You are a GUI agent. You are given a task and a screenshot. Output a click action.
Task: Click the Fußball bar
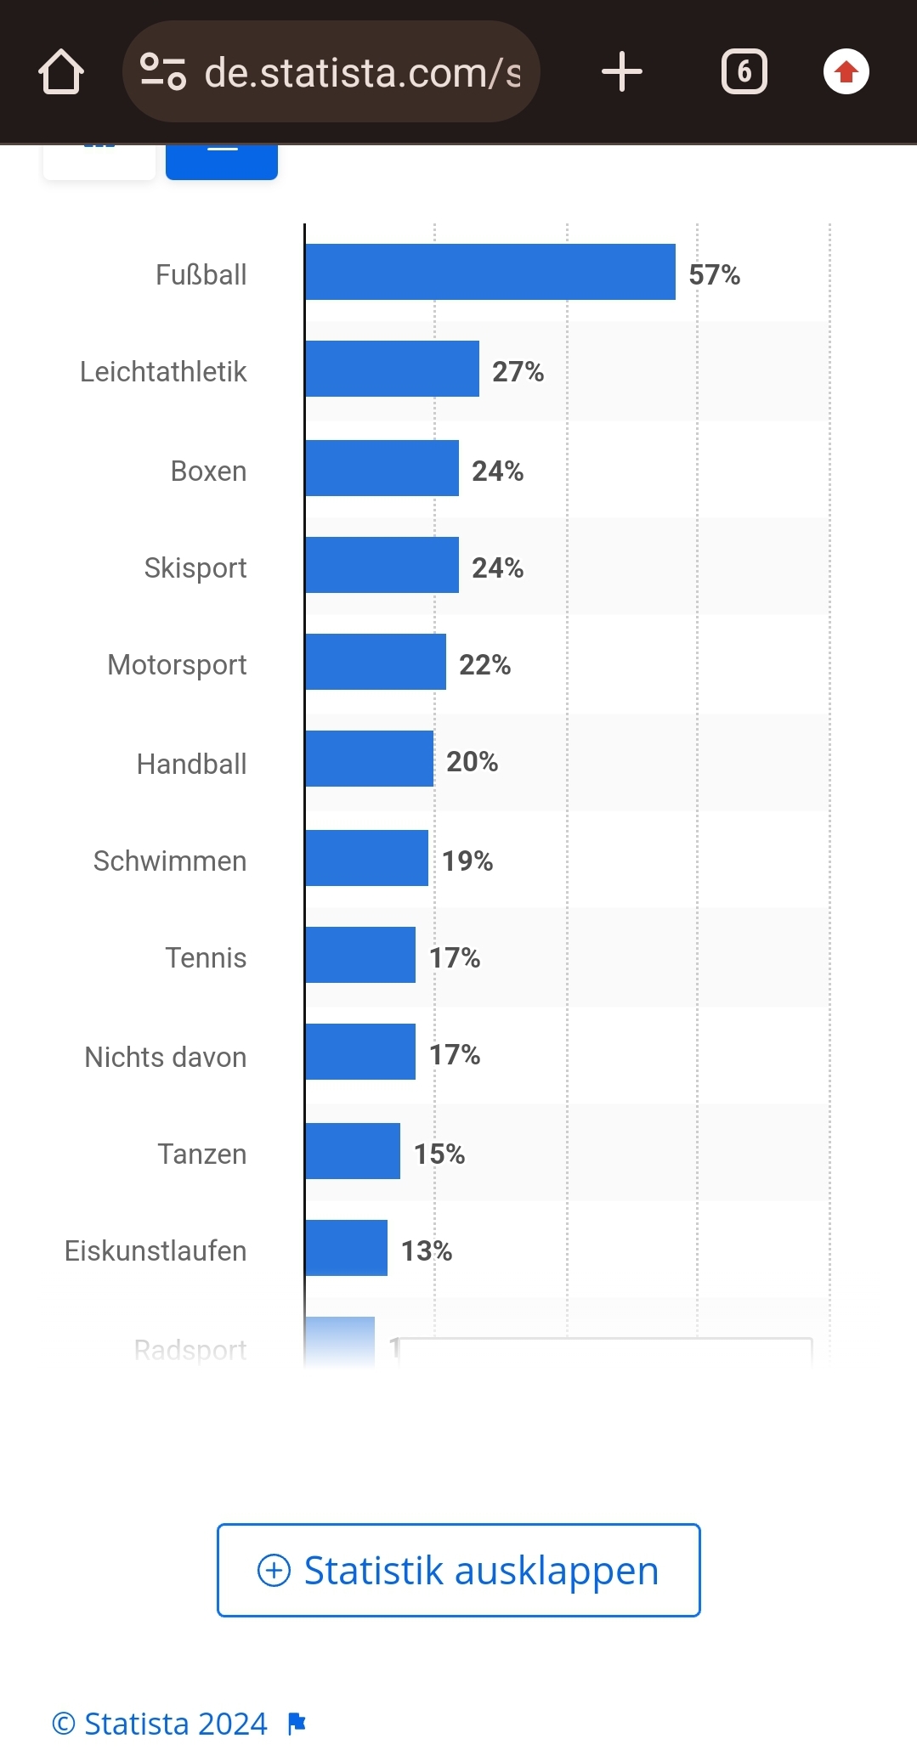click(490, 272)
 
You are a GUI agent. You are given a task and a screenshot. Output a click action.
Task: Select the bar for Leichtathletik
click(392, 369)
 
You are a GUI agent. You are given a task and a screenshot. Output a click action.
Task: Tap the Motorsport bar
click(376, 662)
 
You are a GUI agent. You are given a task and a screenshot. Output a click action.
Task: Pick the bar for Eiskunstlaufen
click(346, 1248)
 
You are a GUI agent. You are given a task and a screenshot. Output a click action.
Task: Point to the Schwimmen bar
click(366, 858)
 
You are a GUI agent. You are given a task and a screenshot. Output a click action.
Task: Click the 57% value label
click(714, 274)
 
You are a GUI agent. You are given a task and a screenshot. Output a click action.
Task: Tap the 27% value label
click(518, 371)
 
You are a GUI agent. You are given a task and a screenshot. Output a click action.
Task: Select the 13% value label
click(426, 1250)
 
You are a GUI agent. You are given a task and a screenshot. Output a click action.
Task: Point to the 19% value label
click(467, 861)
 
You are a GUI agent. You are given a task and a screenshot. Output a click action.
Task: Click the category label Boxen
click(208, 471)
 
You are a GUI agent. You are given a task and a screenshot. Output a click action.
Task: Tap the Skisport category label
click(195, 567)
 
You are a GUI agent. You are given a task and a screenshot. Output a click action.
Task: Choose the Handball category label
click(192, 764)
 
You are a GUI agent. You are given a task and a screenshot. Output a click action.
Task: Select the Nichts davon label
click(166, 1057)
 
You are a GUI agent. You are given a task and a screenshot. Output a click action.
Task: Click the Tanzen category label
click(202, 1154)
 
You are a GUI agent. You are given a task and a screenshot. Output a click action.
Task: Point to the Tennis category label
click(206, 957)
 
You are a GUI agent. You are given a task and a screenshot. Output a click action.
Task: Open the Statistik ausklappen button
click(459, 1570)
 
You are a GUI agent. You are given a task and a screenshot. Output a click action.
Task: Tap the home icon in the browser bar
click(61, 72)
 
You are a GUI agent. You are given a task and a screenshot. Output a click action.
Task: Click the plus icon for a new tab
click(621, 72)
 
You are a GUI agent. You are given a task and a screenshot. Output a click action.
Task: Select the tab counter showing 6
click(744, 72)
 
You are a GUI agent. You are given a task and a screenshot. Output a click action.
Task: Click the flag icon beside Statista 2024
click(297, 1724)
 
